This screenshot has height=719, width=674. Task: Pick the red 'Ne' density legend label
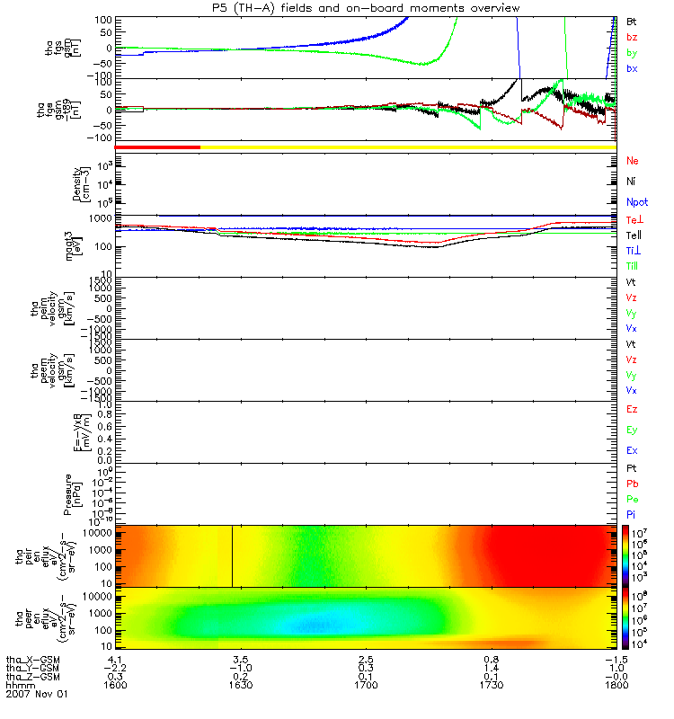632,161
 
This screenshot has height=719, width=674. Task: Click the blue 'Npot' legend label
635,204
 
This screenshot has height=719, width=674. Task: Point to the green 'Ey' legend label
632,430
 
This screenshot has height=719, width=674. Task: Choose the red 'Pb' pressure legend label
632,484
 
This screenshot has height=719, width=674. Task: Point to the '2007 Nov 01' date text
36,695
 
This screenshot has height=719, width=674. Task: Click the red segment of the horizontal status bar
157,146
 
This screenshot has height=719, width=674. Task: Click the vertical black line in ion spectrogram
233,555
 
